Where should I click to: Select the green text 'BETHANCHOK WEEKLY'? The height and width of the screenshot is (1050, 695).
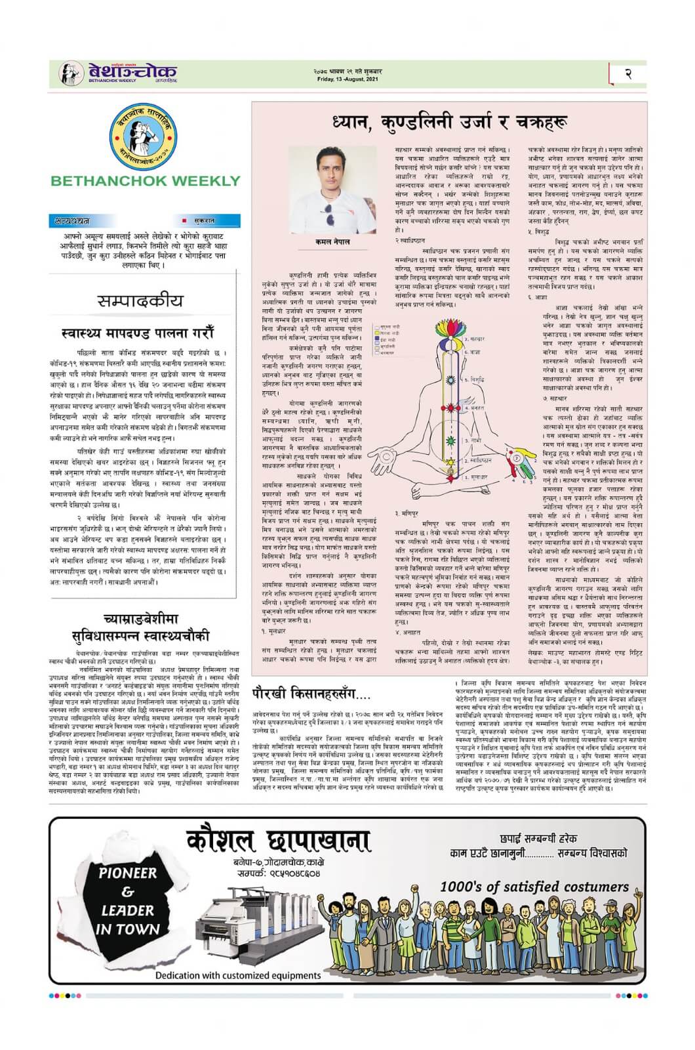click(x=145, y=180)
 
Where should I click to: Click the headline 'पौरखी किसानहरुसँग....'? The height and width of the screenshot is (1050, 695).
click(x=311, y=691)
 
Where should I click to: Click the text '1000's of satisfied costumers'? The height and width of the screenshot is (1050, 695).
click(x=534, y=887)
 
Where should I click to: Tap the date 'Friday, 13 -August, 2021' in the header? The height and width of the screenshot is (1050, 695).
click(x=347, y=78)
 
